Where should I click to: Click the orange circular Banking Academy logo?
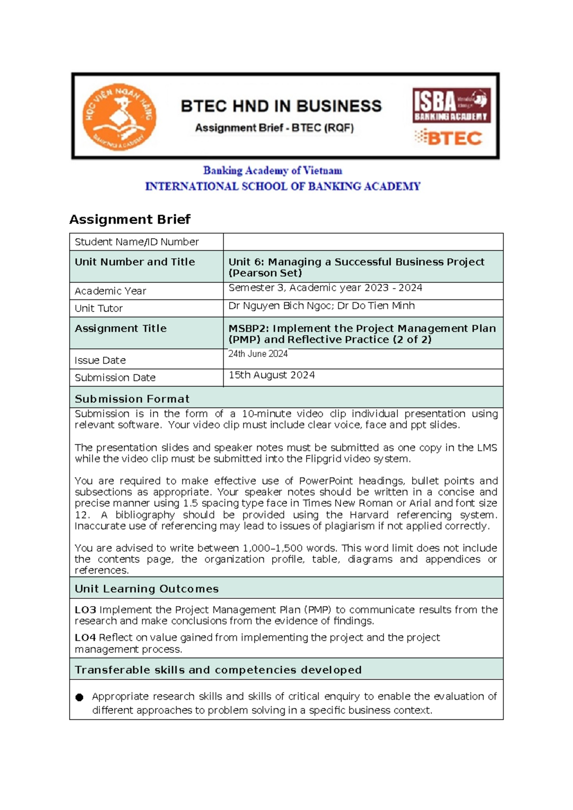click(x=119, y=117)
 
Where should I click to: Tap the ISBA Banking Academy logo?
click(x=451, y=106)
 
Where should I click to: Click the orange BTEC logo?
click(x=448, y=138)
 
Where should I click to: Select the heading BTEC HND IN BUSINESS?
click(x=281, y=106)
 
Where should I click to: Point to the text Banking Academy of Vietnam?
click(x=273, y=171)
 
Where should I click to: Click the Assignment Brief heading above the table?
click(x=130, y=219)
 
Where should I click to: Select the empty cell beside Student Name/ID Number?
click(x=363, y=242)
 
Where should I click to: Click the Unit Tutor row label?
click(x=99, y=309)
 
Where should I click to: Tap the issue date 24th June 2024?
click(x=258, y=354)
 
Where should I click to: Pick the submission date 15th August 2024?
click(x=271, y=375)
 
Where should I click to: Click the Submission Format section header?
click(x=132, y=399)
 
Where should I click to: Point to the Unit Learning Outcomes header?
click(x=147, y=589)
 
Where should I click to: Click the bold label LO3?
click(x=85, y=610)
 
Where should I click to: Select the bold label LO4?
click(x=85, y=638)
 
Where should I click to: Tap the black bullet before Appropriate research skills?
click(x=80, y=697)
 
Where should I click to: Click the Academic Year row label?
click(x=110, y=291)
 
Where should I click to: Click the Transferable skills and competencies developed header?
click(x=218, y=670)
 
